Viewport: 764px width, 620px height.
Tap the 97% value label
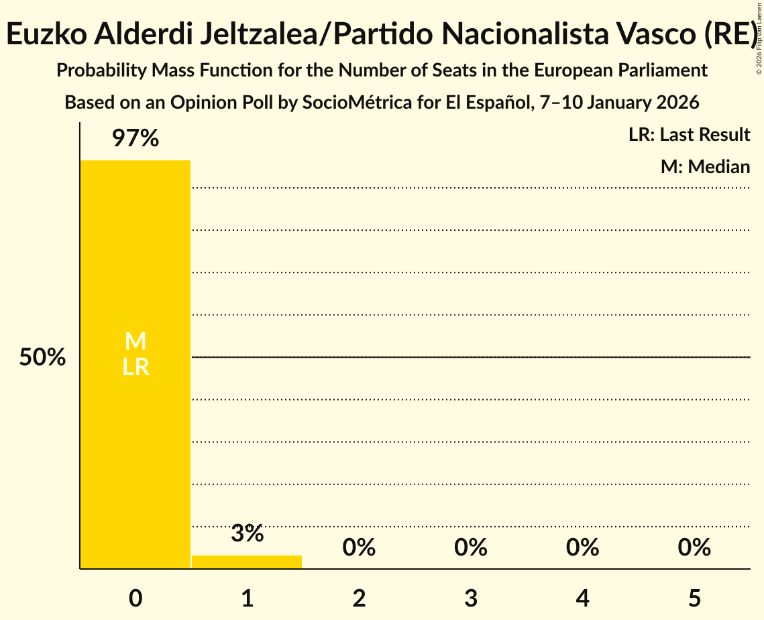pyautogui.click(x=135, y=139)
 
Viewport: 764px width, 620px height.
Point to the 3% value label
pyautogui.click(x=247, y=533)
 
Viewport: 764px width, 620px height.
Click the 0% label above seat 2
pyautogui.click(x=359, y=548)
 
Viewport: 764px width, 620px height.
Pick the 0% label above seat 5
pyautogui.click(x=694, y=548)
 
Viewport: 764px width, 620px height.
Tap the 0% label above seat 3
pyautogui.click(x=471, y=548)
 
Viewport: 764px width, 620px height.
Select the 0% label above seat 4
pyautogui.click(x=582, y=548)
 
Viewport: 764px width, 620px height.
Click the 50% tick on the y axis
pyautogui.click(x=42, y=358)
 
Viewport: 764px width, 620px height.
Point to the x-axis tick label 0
pyautogui.click(x=135, y=598)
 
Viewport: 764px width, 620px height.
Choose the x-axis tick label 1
pyautogui.click(x=247, y=598)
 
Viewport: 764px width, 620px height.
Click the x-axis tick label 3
pyautogui.click(x=471, y=598)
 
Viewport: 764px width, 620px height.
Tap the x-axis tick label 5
pyautogui.click(x=694, y=598)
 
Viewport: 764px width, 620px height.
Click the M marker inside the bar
pyautogui.click(x=135, y=342)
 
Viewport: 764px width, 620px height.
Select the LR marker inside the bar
pyautogui.click(x=135, y=367)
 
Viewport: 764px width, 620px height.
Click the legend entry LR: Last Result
pyautogui.click(x=689, y=135)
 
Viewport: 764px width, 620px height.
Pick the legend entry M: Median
pyautogui.click(x=705, y=166)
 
